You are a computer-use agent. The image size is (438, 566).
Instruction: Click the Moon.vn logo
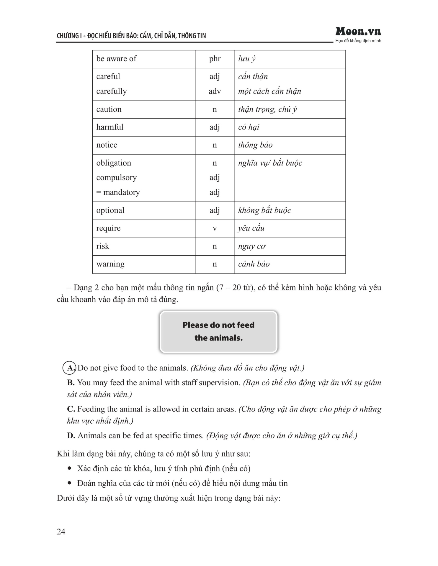coord(358,32)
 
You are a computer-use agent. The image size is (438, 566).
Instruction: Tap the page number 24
coord(61,532)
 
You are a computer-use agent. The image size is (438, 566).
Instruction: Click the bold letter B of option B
coord(71,383)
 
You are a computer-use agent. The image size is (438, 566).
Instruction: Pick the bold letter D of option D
coord(71,436)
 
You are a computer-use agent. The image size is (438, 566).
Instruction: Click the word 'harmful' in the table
coord(110,127)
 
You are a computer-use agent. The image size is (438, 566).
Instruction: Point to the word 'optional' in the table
coord(110,210)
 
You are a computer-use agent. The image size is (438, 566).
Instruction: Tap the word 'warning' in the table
coord(110,264)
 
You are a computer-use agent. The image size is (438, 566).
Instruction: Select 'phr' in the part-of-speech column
coord(215,59)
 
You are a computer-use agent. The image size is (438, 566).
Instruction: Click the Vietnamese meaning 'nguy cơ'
coord(252,246)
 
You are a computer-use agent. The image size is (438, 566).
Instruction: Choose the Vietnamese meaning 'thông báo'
coord(255,145)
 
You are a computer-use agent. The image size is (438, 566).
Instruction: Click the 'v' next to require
coord(215,228)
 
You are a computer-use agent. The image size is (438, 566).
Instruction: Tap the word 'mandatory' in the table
coord(121,192)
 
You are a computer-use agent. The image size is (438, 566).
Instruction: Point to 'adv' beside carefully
coord(215,91)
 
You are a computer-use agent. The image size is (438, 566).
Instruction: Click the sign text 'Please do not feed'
coord(218,325)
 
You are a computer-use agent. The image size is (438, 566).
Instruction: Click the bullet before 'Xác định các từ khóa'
coord(69,468)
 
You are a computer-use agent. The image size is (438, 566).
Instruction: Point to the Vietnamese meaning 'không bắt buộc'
coord(264,210)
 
